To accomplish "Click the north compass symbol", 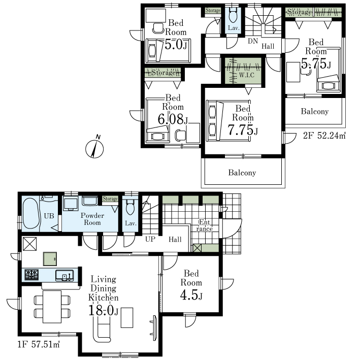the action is pos(94,149).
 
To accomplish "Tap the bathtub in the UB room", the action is pos(31,213).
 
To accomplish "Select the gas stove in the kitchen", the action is pos(31,275).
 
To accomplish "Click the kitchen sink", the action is pos(64,275).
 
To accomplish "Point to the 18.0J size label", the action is pos(103,311).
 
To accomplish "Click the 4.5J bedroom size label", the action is pos(191,295).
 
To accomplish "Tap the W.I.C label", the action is pos(246,75).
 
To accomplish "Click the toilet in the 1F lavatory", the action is pos(130,207).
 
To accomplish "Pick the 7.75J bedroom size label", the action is pos(242,130).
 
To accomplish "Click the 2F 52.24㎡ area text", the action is pos(324,136).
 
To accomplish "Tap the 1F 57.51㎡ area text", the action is pos(39,345).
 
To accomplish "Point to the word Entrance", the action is pos(204,225).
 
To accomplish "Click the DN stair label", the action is pos(253,41).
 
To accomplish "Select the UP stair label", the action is pos(150,239).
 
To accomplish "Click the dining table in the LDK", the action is pos(52,307).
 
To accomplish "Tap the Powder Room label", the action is pos(92,219).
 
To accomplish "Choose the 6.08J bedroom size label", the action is pos(173,119).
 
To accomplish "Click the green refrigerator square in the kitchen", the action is pos(50,259).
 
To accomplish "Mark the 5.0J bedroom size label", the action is pos(176,45).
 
